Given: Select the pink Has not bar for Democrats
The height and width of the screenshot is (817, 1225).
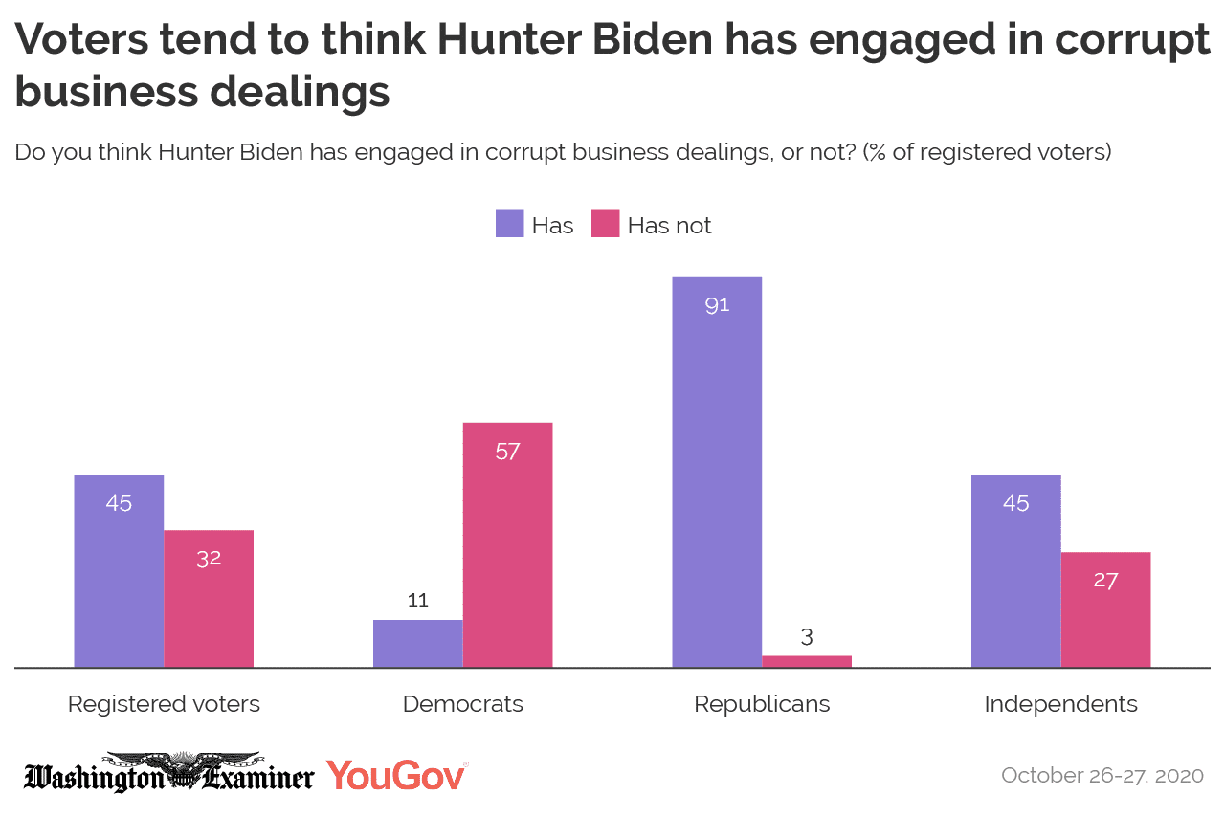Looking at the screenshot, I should (507, 544).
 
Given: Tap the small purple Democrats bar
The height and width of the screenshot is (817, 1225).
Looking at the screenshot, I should (417, 643).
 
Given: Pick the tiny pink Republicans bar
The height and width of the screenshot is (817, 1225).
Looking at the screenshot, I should (807, 661).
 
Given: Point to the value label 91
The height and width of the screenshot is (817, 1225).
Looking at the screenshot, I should (717, 306).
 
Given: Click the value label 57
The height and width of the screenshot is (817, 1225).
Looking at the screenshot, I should (507, 452).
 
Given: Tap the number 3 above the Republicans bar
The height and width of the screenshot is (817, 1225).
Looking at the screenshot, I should (807, 637).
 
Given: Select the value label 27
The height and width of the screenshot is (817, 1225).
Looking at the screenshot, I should (1105, 581).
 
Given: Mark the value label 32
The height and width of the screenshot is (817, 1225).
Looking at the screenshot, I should (209, 559).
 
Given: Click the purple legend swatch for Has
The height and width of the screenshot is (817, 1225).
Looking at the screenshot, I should (509, 225).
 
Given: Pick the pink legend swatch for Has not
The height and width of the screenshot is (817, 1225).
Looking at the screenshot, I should (606, 225).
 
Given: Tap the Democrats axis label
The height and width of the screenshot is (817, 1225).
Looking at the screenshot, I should (463, 705).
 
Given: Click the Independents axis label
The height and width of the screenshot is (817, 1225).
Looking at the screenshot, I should (1060, 705).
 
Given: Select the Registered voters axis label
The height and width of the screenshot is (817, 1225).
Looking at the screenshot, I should (164, 705).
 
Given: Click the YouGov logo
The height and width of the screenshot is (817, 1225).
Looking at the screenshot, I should (396, 775).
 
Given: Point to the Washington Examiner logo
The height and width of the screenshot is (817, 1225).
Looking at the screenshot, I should (168, 774).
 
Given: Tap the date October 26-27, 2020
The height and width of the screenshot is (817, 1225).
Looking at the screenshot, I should (1102, 775).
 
